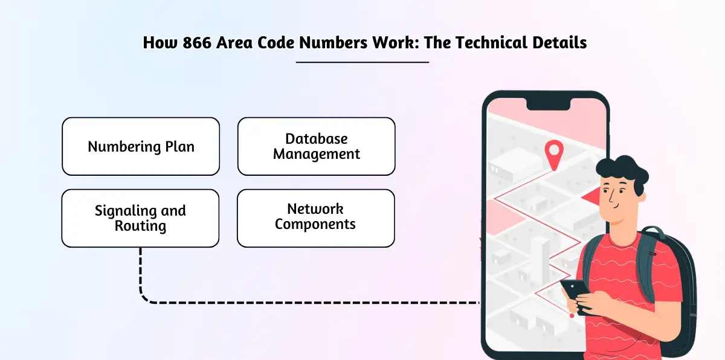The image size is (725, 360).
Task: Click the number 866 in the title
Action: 197,43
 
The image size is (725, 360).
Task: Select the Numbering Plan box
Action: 141,147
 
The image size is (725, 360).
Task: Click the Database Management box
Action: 316,147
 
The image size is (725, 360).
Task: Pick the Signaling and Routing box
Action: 140,218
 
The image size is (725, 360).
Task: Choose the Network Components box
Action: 316,218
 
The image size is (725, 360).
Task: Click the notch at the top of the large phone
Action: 549,104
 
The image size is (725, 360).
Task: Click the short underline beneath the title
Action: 362,62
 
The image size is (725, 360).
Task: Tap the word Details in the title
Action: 559,43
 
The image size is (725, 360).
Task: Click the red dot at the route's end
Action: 572,315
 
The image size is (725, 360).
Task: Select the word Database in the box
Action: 316,139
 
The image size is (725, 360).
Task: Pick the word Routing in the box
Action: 140,226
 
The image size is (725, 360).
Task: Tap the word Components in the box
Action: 315,224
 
